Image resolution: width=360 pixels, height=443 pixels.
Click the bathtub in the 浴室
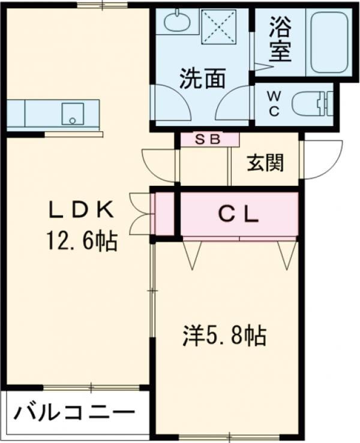pyautogui.click(x=329, y=43)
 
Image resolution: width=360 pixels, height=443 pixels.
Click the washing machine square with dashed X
pyautogui.click(x=218, y=26)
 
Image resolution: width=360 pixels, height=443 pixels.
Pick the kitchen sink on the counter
pyautogui.click(x=73, y=114)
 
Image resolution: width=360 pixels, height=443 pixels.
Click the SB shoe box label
pyautogui.click(x=208, y=139)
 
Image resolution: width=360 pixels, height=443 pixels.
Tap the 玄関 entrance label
pyautogui.click(x=265, y=163)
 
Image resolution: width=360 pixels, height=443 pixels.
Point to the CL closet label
pyautogui.click(x=238, y=215)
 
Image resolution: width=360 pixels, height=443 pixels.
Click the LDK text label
pyautogui.click(x=82, y=210)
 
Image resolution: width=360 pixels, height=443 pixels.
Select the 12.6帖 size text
pyautogui.click(x=82, y=240)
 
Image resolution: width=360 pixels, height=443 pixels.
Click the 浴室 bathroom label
pyautogui.click(x=280, y=39)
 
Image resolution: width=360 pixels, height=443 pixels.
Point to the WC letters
pyautogui.click(x=274, y=104)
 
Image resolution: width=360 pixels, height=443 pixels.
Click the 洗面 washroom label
pyautogui.click(x=203, y=78)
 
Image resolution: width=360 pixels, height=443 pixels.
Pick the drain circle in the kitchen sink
pyautogui.click(x=73, y=120)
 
